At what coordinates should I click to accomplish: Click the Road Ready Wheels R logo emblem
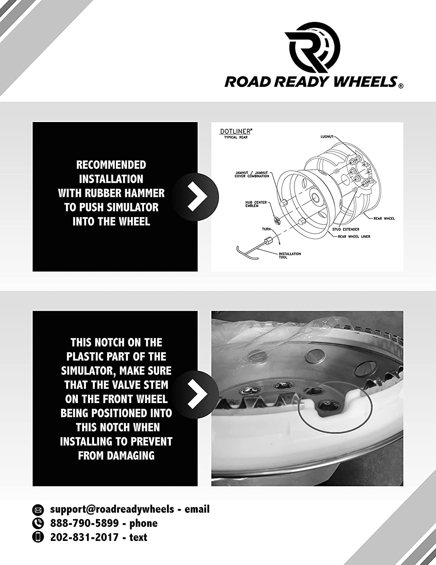(x=313, y=48)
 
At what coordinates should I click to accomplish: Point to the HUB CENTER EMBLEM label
(x=256, y=204)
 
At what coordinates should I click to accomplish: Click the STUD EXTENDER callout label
(x=345, y=229)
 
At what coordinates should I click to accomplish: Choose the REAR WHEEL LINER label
(x=354, y=237)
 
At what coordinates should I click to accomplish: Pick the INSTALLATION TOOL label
(x=290, y=255)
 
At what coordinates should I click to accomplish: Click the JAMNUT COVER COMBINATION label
(x=252, y=174)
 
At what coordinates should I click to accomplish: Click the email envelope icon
(x=38, y=510)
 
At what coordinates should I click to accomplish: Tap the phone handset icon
(x=38, y=524)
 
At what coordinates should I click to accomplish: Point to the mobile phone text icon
(x=38, y=538)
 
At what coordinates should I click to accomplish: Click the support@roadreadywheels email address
(x=112, y=510)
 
